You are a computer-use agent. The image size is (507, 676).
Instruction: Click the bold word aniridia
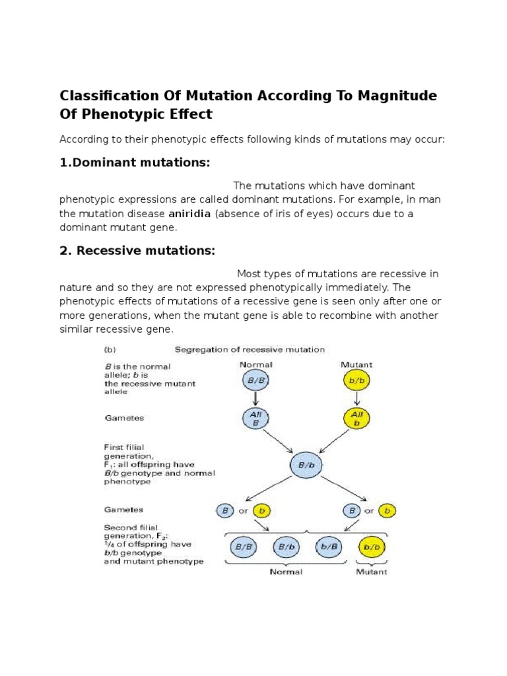click(x=189, y=214)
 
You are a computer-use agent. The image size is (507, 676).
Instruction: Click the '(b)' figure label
click(x=112, y=349)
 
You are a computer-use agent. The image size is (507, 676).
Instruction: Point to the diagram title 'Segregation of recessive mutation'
click(x=249, y=349)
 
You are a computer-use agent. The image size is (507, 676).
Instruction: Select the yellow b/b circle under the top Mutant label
click(x=356, y=381)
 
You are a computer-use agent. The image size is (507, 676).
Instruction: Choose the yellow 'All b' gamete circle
click(x=356, y=418)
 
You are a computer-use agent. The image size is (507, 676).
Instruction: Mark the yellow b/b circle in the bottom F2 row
click(x=372, y=547)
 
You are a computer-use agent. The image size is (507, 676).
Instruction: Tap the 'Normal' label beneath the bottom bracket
click(x=286, y=572)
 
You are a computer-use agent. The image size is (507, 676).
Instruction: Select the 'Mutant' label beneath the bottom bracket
click(x=372, y=572)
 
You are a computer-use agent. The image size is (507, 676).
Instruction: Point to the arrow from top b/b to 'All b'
click(x=356, y=399)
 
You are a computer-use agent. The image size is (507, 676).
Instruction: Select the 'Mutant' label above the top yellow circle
click(x=356, y=364)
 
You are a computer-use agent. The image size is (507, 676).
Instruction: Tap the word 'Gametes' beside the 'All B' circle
click(x=124, y=418)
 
